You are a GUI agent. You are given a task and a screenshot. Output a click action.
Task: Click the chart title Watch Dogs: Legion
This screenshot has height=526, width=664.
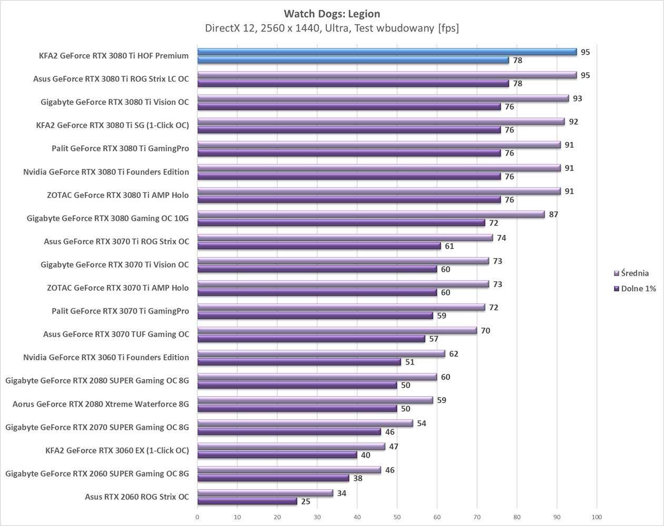tap(331, 14)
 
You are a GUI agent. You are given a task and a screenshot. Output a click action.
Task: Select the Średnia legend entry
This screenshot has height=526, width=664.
tap(635, 273)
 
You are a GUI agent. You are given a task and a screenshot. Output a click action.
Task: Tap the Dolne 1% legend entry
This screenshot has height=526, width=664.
tap(638, 288)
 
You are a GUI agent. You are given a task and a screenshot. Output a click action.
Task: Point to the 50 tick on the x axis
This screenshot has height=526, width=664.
tap(397, 517)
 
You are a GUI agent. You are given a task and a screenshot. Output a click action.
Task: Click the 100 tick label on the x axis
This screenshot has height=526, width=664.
tap(597, 517)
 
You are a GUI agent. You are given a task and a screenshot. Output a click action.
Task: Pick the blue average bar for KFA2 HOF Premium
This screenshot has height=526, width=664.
tap(387, 52)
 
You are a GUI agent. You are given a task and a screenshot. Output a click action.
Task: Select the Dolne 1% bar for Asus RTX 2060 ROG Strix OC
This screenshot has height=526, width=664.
tap(247, 501)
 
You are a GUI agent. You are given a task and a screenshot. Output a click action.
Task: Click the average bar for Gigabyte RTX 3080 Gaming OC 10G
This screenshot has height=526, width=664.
tap(371, 214)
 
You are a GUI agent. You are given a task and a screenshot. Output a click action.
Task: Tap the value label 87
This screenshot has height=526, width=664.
tap(554, 214)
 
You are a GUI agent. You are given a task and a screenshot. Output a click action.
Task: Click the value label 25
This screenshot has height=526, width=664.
tap(306, 501)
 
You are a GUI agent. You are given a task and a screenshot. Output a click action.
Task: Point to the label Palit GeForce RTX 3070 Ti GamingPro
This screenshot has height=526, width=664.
tap(120, 311)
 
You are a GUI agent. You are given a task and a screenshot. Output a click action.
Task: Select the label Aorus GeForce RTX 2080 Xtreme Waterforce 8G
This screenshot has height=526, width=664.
tap(100, 404)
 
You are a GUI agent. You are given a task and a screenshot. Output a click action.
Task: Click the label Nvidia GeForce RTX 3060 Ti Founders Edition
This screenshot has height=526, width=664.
tap(106, 357)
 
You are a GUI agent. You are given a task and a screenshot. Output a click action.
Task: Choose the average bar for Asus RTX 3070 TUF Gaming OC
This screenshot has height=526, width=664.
tap(337, 330)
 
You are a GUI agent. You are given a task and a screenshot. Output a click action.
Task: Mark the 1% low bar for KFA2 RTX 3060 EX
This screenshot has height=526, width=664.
tap(277, 455)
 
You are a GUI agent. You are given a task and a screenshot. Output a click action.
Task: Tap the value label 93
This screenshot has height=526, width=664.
tap(578, 98)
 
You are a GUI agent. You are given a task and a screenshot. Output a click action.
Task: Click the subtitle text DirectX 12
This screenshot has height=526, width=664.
tap(230, 28)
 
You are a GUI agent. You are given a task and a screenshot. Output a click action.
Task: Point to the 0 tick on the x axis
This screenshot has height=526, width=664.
tap(197, 517)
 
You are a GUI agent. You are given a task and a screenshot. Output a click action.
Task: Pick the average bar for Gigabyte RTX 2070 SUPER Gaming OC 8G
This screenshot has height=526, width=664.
tap(305, 423)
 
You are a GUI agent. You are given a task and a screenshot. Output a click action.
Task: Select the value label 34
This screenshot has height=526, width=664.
tap(342, 493)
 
